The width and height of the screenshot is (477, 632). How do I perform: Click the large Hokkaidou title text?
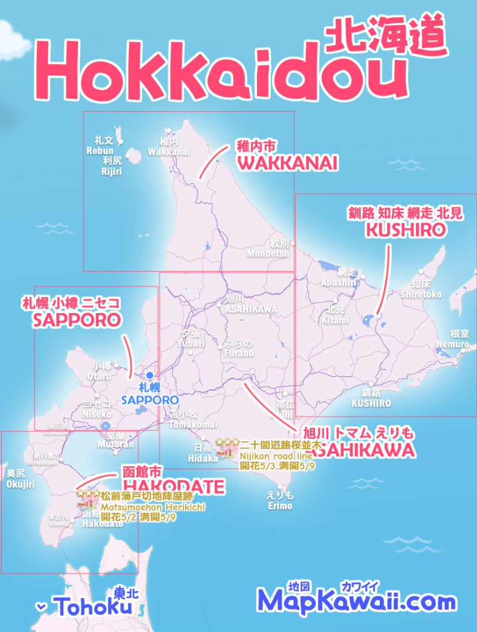click(x=224, y=72)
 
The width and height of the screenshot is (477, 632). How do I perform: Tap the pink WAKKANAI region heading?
click(x=287, y=163)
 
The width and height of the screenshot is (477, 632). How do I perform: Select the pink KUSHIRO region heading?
click(x=406, y=230)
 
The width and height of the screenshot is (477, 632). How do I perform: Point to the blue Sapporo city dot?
click(x=150, y=375)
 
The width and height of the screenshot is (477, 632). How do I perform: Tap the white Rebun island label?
click(x=100, y=151)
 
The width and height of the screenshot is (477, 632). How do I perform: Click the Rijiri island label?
click(x=111, y=171)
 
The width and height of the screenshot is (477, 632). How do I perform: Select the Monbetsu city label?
click(x=268, y=253)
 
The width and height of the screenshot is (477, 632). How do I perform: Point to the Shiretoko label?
click(x=422, y=294)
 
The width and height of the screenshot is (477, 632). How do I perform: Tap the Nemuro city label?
click(x=460, y=344)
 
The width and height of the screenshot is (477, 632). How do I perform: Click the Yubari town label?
click(x=191, y=344)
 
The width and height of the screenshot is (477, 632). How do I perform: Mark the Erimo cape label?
click(x=280, y=506)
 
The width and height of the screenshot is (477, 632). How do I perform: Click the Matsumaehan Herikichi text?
click(x=153, y=507)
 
